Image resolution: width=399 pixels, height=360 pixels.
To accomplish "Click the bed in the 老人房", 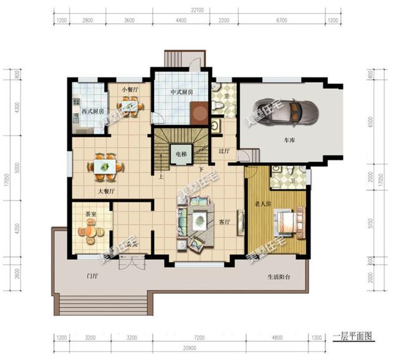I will [289, 219].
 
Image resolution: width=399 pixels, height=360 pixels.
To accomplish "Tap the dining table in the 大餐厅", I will [104, 165].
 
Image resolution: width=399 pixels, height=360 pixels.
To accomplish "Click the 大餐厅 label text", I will [104, 191].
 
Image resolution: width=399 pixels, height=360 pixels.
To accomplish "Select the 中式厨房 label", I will [181, 92].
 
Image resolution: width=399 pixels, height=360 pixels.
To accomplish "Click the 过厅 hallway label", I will [225, 151].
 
